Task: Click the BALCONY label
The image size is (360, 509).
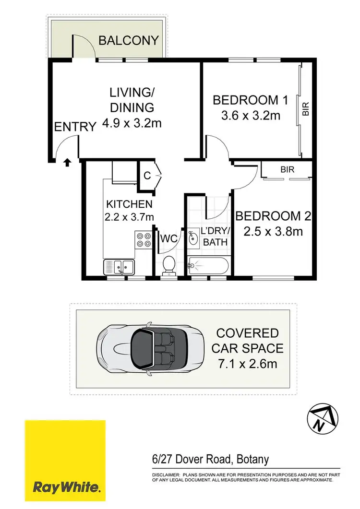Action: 128,40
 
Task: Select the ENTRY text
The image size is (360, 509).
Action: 75,127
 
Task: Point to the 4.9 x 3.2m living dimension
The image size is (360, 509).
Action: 132,123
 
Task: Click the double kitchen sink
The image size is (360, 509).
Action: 119,265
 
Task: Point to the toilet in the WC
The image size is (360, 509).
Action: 168,265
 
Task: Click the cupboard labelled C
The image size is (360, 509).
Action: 147,176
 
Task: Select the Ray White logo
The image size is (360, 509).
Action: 65,461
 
